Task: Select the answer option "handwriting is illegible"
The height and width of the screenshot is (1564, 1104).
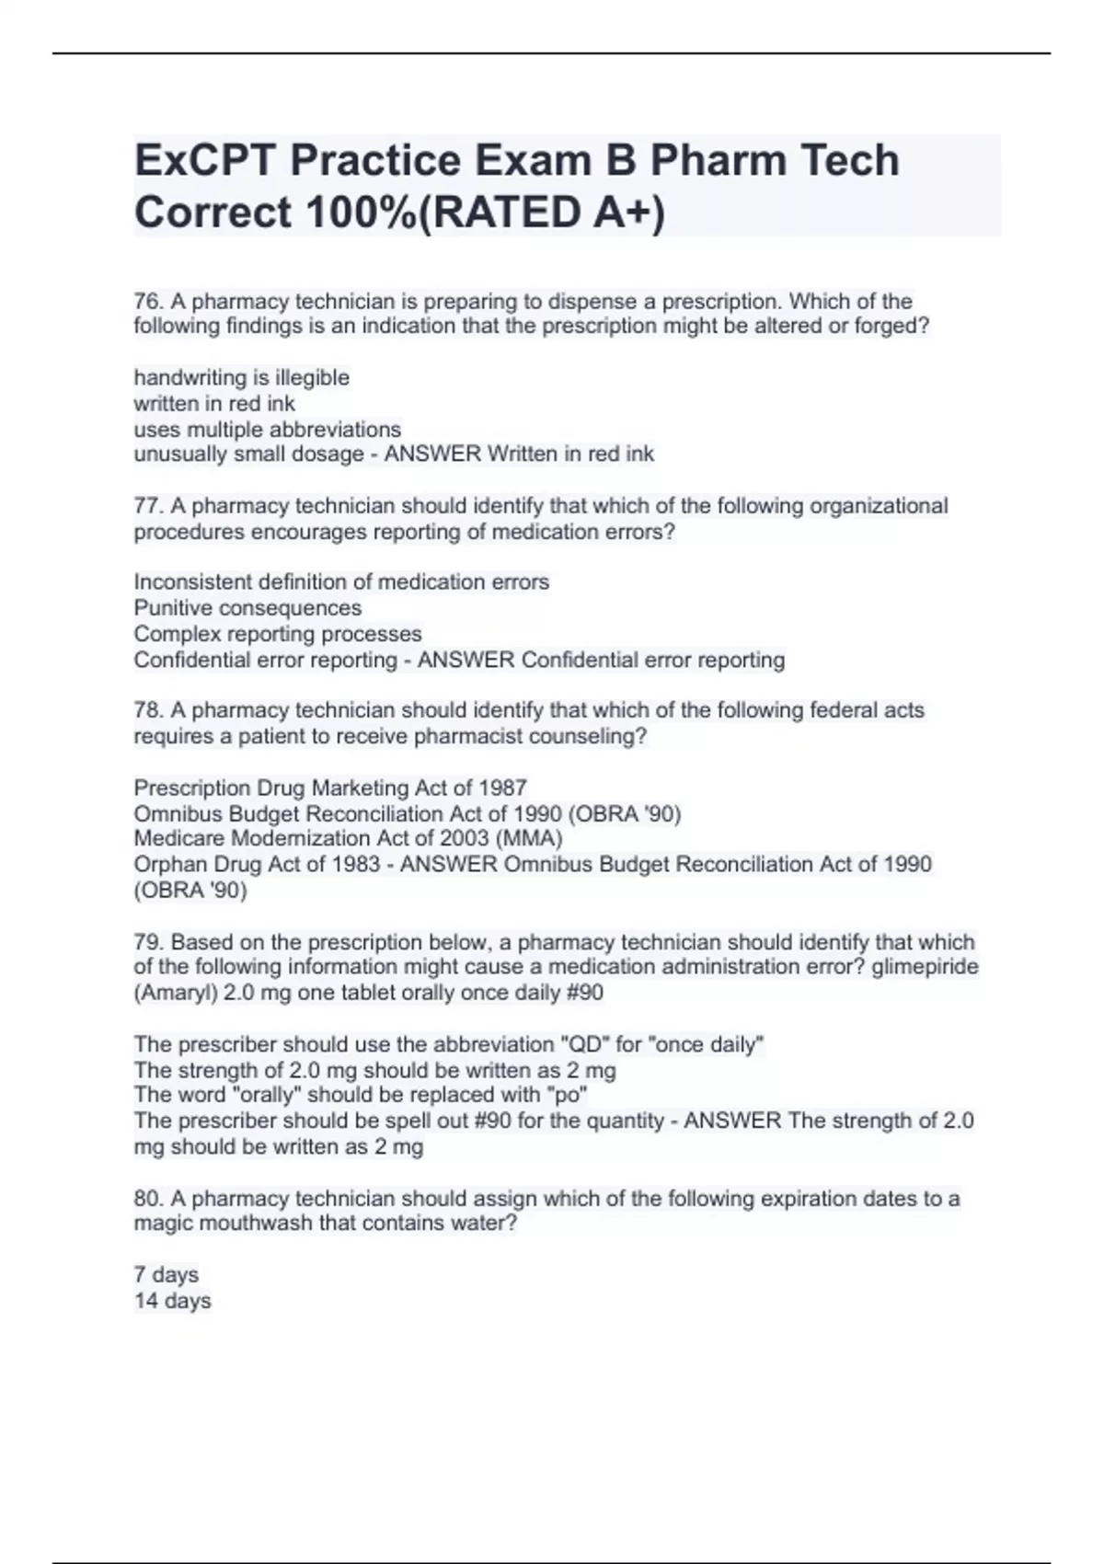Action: [x=241, y=378]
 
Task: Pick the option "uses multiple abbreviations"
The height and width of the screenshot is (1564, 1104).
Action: [x=267, y=430]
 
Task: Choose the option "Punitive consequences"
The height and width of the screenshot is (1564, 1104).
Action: [x=247, y=608]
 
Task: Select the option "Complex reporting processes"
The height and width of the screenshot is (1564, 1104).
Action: [x=277, y=634]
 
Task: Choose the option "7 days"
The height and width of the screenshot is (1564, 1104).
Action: [x=166, y=1275]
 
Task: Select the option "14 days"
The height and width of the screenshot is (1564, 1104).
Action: [x=172, y=1301]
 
